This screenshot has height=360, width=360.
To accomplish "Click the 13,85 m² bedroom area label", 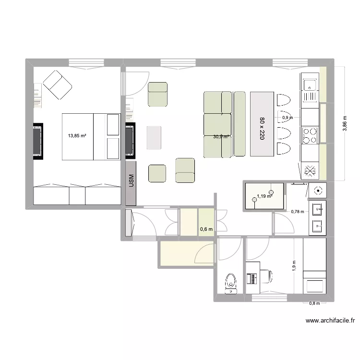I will [77, 136].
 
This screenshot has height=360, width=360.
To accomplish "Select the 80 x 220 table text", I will [262, 128].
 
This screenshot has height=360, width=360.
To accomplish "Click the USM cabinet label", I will [131, 181].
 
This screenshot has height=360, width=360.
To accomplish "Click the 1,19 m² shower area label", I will [264, 196].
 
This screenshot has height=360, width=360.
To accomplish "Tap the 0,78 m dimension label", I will [298, 211].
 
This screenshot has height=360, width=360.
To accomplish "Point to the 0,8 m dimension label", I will [314, 303].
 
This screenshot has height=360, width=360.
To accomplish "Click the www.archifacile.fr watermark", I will [330, 321].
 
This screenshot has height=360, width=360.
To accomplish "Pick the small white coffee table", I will [154, 137].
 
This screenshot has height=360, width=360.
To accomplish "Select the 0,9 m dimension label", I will [287, 118].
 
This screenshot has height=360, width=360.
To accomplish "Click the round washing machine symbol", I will [317, 190].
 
